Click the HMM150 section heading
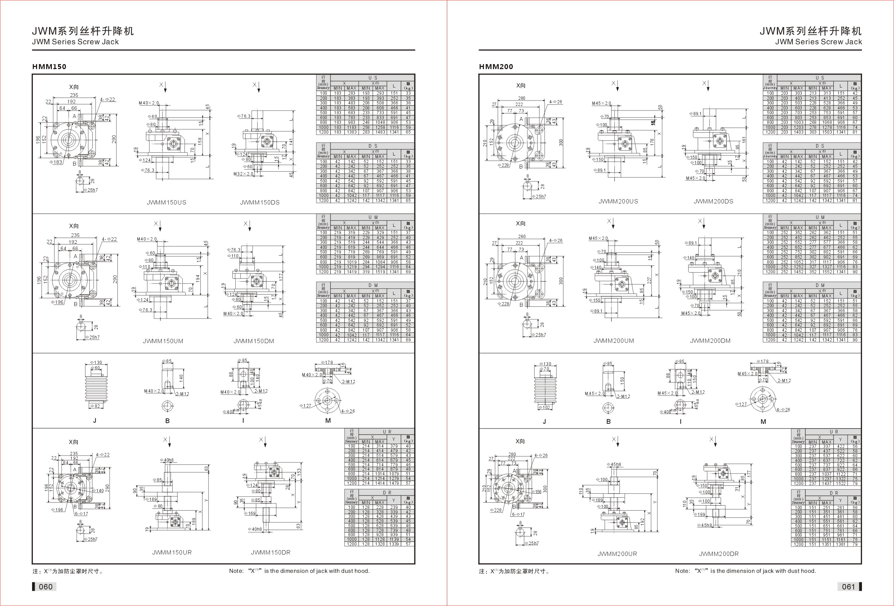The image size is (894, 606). coord(49,67)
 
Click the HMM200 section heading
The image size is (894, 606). coord(495,67)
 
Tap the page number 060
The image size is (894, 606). coord(45,587)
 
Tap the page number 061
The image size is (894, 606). coord(848,587)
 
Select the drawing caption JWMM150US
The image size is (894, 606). coord(166,202)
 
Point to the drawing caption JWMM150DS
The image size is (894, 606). coord(260,202)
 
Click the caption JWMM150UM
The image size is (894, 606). coord(163,341)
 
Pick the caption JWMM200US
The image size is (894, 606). coord(618,201)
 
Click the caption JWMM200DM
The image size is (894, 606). coord(710,341)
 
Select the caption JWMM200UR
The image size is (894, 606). coord(617,554)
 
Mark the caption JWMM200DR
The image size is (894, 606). coord(719,554)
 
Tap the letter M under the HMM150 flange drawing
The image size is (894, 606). coord(328,421)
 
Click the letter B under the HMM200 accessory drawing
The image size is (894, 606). coord(608,421)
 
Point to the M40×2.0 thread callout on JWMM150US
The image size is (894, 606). coord(148,103)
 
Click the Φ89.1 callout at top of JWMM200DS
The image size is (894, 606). coord(695,114)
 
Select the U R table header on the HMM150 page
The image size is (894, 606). coord(387,432)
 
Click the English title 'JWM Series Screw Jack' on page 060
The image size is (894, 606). coord(75,42)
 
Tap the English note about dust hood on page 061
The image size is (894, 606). coord(745,571)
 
